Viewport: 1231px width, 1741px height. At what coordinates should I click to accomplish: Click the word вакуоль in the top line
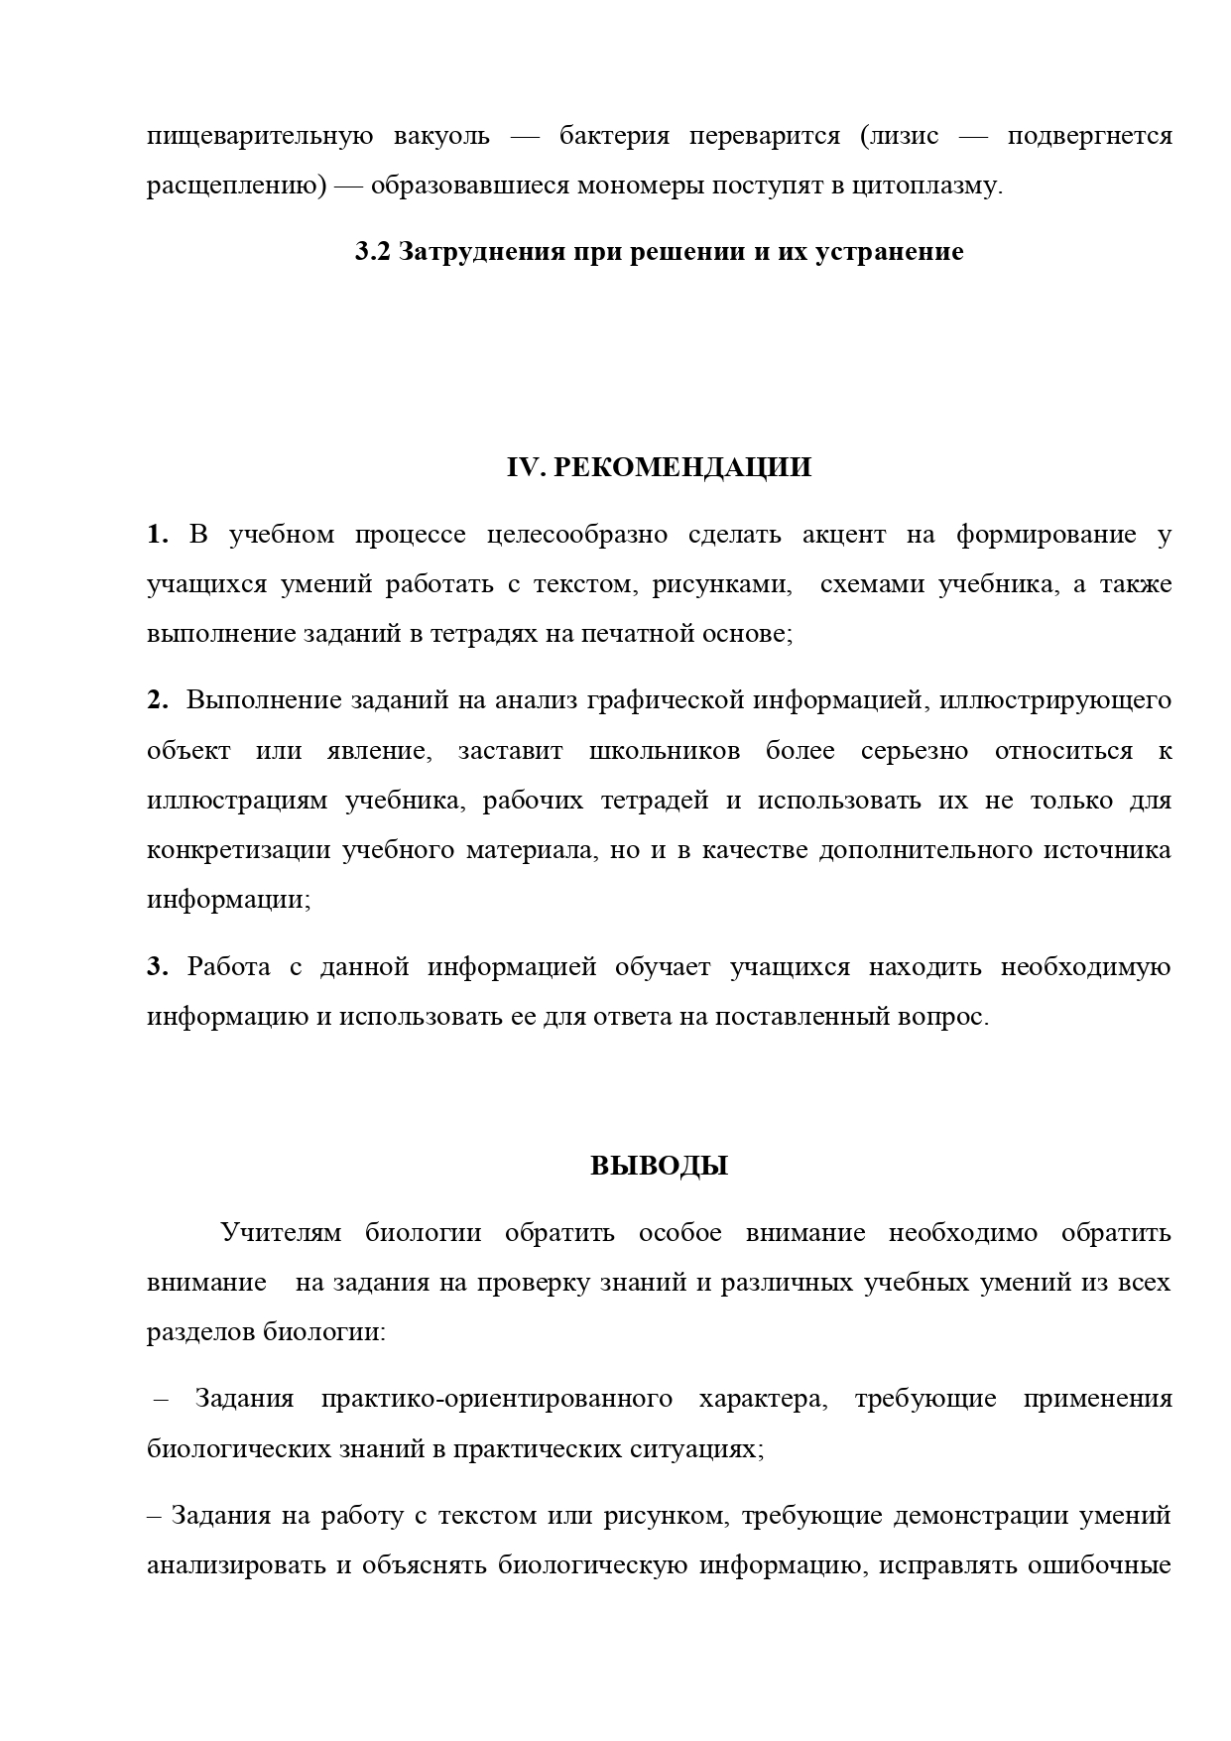(441, 136)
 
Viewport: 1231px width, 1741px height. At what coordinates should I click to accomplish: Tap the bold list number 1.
(158, 535)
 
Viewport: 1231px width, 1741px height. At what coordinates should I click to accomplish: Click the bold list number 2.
(158, 700)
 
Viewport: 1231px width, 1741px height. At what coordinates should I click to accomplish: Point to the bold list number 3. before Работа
(158, 966)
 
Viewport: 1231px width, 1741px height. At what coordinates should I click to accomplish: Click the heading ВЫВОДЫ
(659, 1166)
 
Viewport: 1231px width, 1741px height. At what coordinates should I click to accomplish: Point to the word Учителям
(281, 1233)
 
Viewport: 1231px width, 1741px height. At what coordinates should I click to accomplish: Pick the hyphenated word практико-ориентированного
(497, 1400)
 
